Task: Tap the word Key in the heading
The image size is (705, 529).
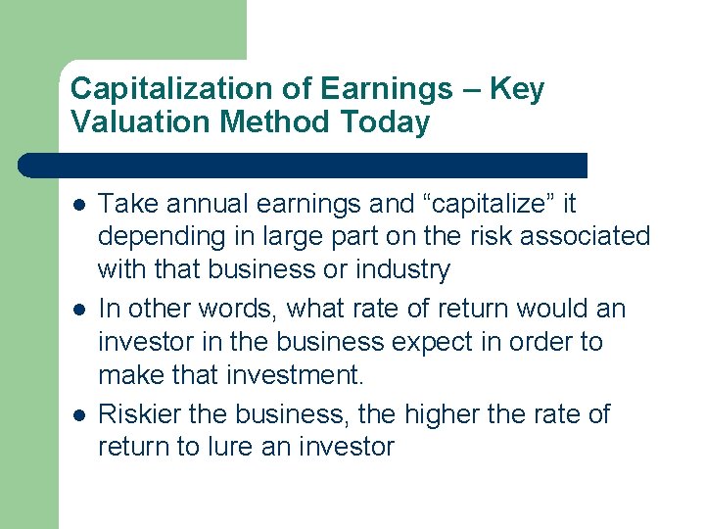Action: click(517, 89)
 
